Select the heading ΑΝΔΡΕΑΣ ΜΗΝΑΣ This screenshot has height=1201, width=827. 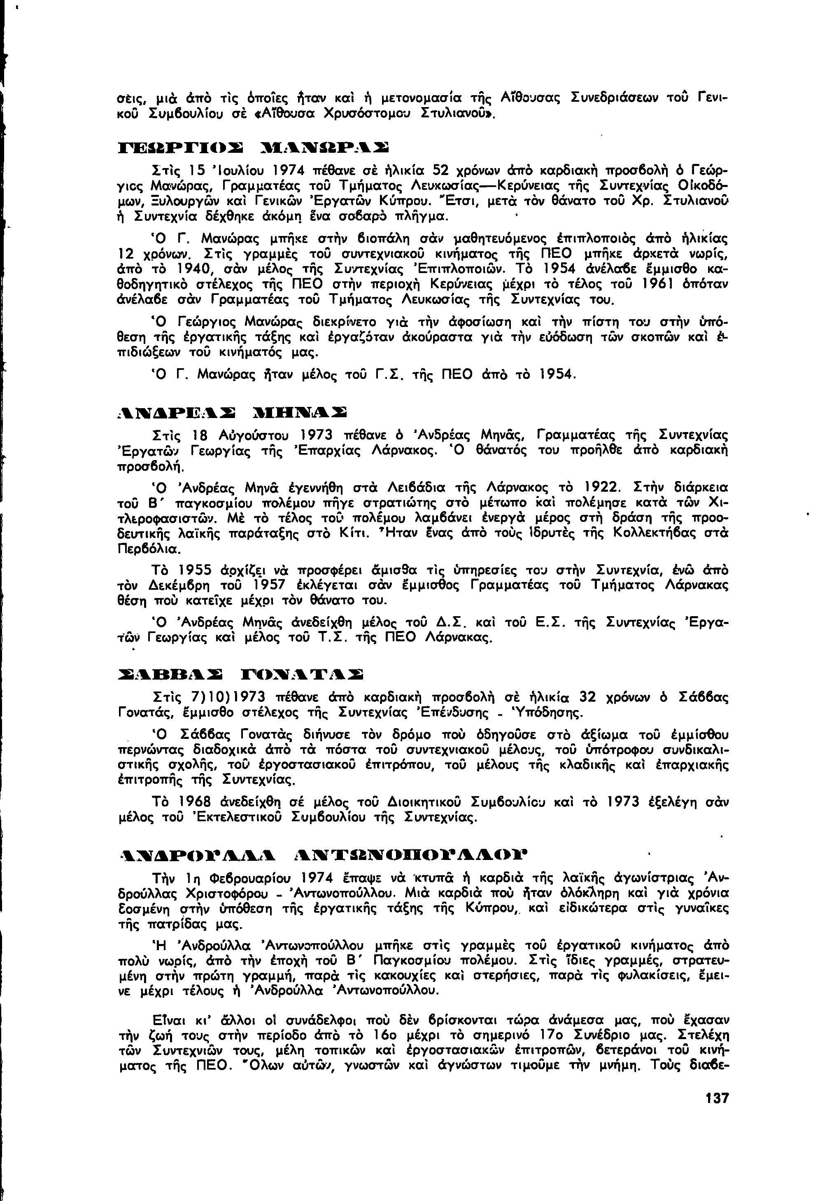click(x=232, y=413)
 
